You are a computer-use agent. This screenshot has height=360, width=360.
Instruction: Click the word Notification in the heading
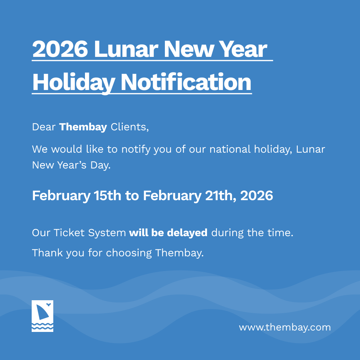186,82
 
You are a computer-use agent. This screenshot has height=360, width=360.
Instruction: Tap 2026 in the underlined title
60,49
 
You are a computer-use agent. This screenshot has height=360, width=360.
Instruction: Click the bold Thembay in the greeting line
83,127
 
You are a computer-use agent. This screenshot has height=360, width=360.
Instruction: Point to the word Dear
44,127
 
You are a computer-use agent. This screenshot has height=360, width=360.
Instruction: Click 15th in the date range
107,195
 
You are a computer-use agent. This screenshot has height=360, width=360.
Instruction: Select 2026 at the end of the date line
256,195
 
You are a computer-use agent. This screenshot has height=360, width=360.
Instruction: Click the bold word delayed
187,233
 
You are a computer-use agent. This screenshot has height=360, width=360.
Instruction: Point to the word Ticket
69,233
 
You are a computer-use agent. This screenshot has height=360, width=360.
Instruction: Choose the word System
107,233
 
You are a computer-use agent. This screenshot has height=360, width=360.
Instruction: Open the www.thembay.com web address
285,327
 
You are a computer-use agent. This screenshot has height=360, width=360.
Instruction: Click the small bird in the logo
49,305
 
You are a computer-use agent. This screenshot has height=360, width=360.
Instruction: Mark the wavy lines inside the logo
42,326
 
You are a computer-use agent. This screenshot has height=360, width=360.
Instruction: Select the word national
230,149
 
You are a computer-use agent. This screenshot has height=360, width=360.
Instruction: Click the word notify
136,149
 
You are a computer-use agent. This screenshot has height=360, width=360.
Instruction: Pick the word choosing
129,253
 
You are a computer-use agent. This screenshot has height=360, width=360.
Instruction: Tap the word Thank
48,253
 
